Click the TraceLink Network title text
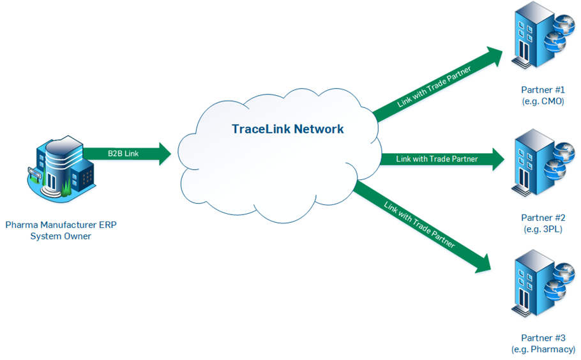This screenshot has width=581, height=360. [x=287, y=129]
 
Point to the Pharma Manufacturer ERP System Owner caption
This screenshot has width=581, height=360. [x=61, y=230]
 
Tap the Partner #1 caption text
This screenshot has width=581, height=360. [x=542, y=91]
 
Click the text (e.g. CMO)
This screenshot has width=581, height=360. [x=542, y=101]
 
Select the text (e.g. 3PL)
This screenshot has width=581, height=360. [x=542, y=229]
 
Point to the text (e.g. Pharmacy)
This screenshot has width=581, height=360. [x=543, y=349]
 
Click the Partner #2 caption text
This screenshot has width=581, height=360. [x=542, y=218]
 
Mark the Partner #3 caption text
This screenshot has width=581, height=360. [x=542, y=338]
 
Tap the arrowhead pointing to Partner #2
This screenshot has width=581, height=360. [x=496, y=159]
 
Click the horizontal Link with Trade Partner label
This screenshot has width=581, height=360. [x=436, y=159]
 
